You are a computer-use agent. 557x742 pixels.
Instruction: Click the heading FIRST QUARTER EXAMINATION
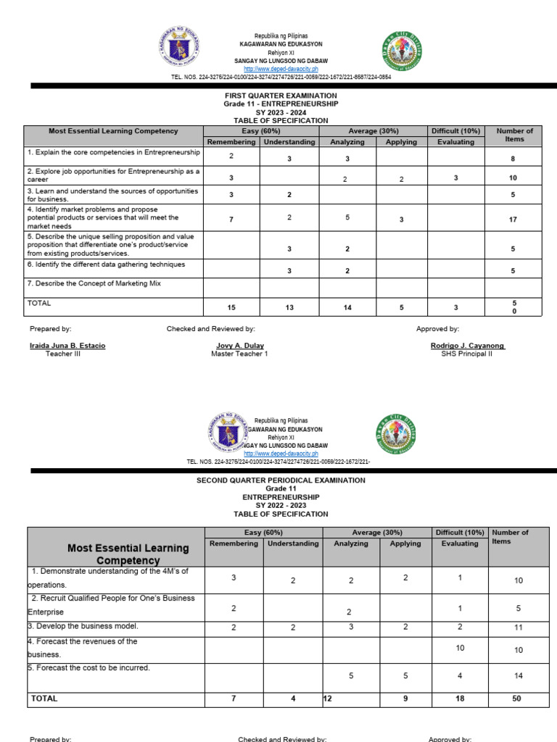281,96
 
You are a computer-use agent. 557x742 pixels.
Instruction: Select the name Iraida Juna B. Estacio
67,346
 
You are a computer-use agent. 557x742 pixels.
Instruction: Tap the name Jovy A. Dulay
239,346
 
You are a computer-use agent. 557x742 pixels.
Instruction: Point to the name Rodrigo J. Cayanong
468,346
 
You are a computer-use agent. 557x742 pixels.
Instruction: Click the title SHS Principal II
466,354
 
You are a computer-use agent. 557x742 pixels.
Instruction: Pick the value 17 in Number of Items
513,220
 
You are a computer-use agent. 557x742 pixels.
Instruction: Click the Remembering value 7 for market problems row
231,220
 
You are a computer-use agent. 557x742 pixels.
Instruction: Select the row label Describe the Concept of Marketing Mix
94,283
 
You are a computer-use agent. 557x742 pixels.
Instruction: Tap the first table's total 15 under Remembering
231,308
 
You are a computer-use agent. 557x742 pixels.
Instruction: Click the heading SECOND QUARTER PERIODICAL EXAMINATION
281,480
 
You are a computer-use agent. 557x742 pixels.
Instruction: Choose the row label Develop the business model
84,625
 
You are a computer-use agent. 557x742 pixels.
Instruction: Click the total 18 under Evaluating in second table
460,699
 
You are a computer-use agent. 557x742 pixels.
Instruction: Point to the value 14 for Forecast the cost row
518,675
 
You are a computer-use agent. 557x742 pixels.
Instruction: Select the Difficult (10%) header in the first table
456,131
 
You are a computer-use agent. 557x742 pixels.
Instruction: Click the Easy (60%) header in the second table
263,533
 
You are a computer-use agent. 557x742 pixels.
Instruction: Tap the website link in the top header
281,69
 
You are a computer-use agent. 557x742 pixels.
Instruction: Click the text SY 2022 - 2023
281,506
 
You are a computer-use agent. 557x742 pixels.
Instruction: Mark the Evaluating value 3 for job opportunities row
456,178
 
